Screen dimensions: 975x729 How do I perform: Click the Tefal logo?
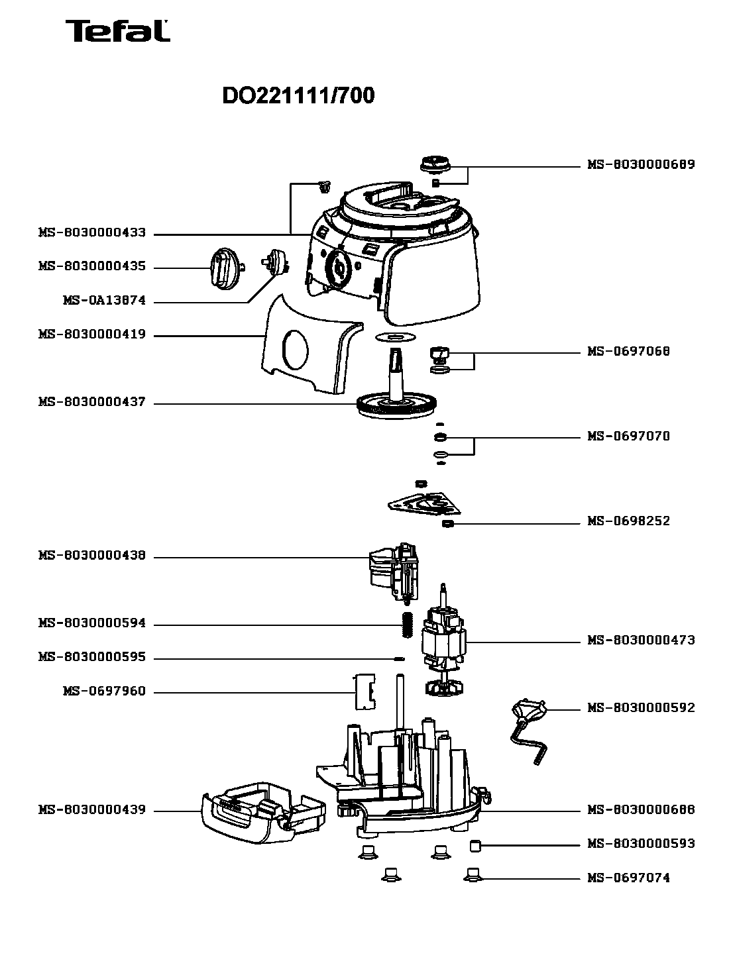tap(117, 31)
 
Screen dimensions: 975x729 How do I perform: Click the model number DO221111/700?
tap(298, 96)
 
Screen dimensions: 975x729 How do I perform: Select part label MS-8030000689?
tap(641, 164)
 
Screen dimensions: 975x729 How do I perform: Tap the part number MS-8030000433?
tap(92, 233)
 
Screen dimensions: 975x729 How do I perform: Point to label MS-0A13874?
tap(104, 301)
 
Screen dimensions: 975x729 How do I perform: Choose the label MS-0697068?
tap(628, 351)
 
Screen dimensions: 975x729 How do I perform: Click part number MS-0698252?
tap(628, 521)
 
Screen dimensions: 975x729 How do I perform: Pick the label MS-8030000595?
tap(92, 658)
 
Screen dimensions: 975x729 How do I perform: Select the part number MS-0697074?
tap(628, 878)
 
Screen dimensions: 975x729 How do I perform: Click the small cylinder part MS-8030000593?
tap(475, 845)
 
